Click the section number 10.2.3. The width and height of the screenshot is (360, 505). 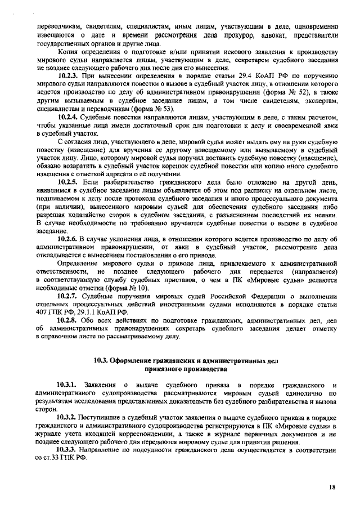(70, 75)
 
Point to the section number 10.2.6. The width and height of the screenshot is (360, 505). (70, 239)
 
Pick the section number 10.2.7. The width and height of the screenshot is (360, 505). (70, 296)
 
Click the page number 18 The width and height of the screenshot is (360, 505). (332, 487)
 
